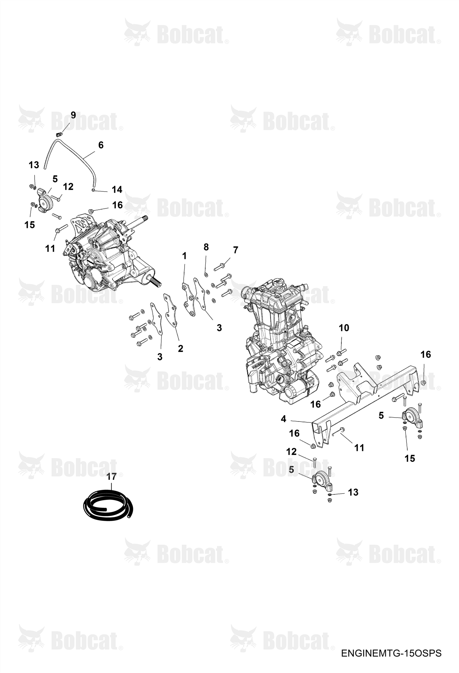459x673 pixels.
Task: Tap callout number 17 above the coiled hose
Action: click(112, 476)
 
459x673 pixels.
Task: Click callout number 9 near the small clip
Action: click(73, 115)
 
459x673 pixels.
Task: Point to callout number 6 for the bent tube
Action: click(101, 145)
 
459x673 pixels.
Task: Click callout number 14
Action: click(117, 190)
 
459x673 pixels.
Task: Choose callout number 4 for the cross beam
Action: click(283, 419)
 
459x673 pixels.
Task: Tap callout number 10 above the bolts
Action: click(344, 328)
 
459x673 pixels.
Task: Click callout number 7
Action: click(235, 250)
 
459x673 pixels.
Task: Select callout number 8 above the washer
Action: click(206, 247)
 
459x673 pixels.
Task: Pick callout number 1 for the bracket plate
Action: click(184, 256)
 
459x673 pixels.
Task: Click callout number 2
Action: click(180, 348)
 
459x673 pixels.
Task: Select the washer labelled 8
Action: click(206, 273)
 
